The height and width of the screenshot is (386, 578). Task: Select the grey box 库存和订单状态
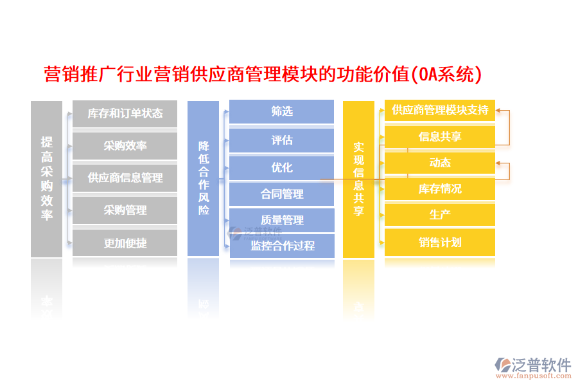tap(125, 114)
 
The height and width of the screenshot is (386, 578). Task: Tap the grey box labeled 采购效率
tap(125, 146)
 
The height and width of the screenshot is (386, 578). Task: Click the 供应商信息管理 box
tap(125, 178)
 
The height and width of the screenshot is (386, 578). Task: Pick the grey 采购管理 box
tap(125, 210)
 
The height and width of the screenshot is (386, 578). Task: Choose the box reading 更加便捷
tap(125, 243)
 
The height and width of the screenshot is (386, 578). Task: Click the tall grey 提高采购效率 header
tap(47, 178)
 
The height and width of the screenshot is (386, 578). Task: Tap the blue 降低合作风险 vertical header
tap(204, 178)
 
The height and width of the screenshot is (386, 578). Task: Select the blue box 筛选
tap(282, 111)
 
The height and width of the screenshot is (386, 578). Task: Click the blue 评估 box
tap(282, 140)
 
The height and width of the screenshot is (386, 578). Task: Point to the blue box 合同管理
tap(282, 194)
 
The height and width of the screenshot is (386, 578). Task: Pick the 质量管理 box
tap(282, 220)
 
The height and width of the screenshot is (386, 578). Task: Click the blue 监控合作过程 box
tap(282, 246)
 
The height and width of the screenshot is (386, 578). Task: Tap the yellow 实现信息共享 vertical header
tap(358, 178)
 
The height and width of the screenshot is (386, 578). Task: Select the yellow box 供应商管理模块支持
tap(440, 110)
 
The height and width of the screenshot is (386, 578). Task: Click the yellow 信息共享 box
tap(440, 136)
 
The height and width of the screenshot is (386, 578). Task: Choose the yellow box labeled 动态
tap(440, 163)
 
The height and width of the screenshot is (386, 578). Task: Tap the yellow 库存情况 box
tap(440, 189)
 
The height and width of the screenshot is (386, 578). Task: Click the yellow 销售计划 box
tap(440, 243)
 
